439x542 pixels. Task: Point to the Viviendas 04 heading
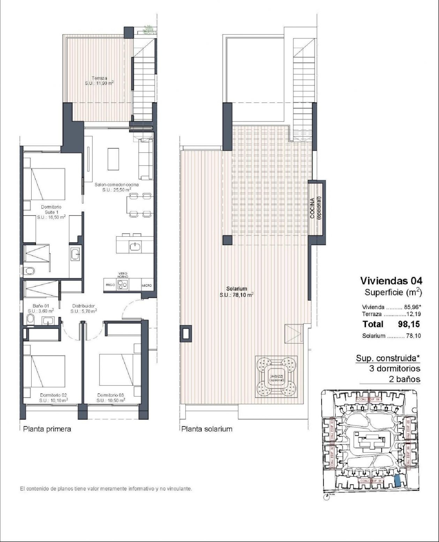coord(391,281)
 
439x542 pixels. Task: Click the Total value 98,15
coord(409,324)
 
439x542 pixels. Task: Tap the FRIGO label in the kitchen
coord(110,285)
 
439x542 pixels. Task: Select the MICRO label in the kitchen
coord(147,285)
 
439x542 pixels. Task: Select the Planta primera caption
coord(47,429)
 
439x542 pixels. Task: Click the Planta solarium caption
coord(207,429)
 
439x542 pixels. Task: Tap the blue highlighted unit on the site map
coord(398,481)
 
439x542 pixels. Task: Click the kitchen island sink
coord(135,247)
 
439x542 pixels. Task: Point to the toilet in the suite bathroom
coord(29,271)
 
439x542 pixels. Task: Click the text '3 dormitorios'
coord(395,368)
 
